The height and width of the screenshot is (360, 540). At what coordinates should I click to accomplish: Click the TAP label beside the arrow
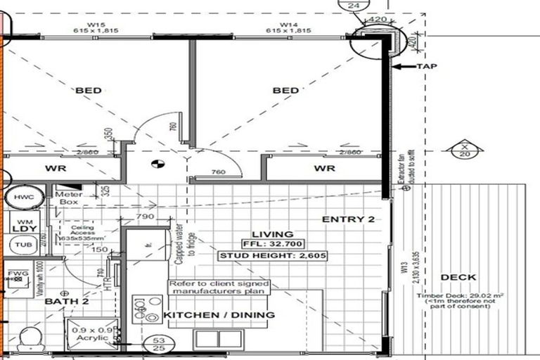point(427,67)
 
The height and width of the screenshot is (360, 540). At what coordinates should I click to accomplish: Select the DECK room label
point(459,278)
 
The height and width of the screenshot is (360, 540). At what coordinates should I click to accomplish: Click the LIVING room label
point(276,235)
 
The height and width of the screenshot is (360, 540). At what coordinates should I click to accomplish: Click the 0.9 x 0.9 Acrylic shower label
point(90,333)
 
